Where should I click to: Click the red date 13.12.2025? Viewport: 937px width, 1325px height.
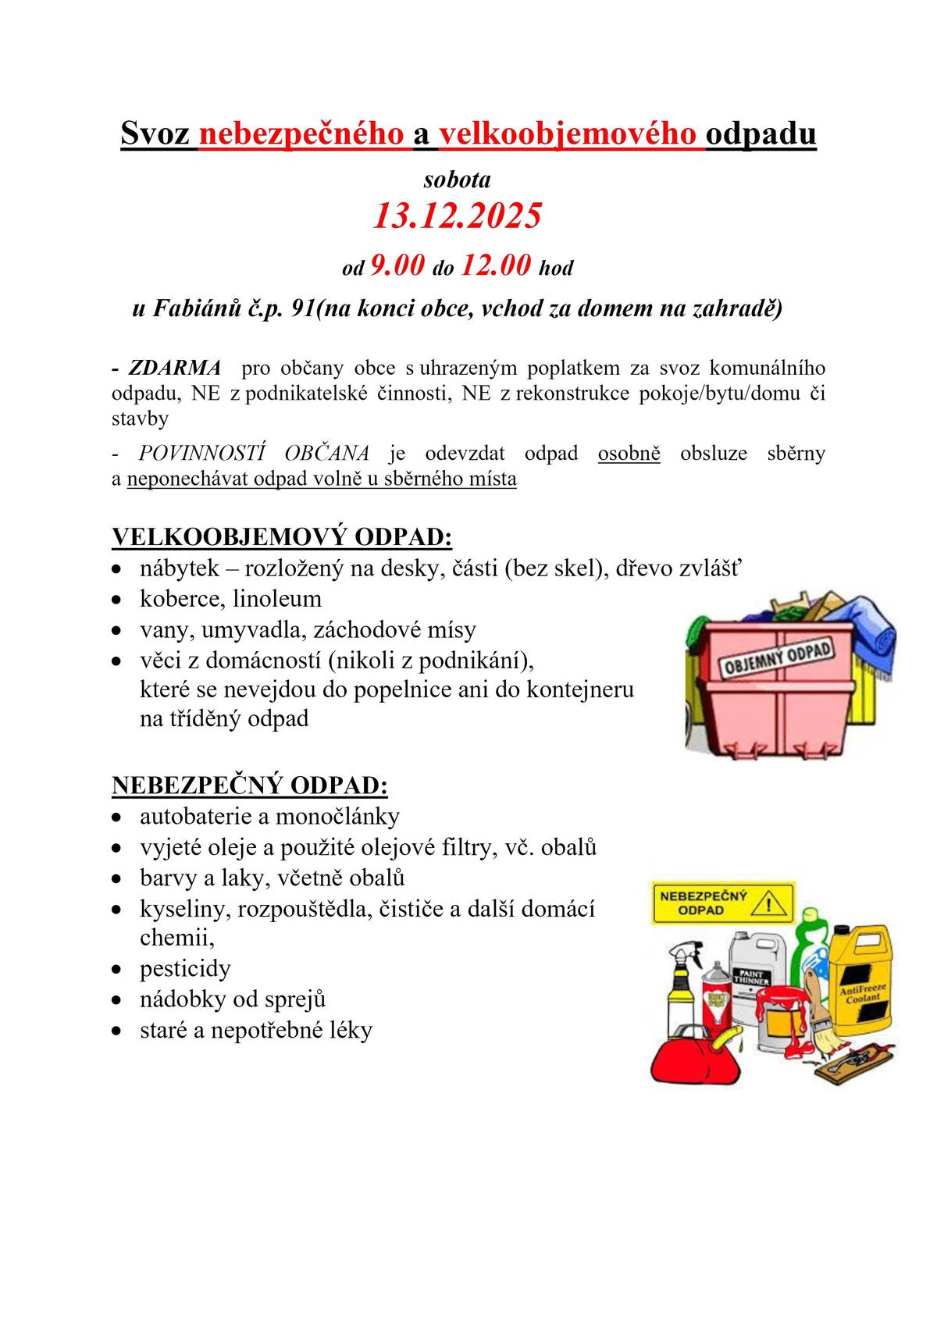[457, 216]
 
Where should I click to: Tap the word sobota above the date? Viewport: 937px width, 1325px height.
[457, 180]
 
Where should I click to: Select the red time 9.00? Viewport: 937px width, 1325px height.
[397, 265]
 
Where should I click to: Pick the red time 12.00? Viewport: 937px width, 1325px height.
[496, 265]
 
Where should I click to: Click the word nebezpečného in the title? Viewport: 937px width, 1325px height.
[301, 134]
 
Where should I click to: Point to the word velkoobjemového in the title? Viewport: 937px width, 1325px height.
[568, 134]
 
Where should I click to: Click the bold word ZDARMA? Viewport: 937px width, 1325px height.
[175, 368]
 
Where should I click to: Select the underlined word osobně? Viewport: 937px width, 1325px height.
[629, 453]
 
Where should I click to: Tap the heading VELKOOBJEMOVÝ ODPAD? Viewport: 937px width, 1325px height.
[282, 537]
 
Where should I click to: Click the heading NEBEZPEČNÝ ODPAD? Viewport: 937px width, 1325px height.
[250, 785]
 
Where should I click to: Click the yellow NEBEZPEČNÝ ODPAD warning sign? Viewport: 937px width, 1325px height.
[722, 903]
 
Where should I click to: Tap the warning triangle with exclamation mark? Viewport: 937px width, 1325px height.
[771, 904]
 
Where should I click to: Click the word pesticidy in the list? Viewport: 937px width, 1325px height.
[185, 969]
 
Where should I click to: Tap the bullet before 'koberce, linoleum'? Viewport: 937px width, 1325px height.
[116, 600]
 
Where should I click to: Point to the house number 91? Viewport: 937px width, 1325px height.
[302, 308]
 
